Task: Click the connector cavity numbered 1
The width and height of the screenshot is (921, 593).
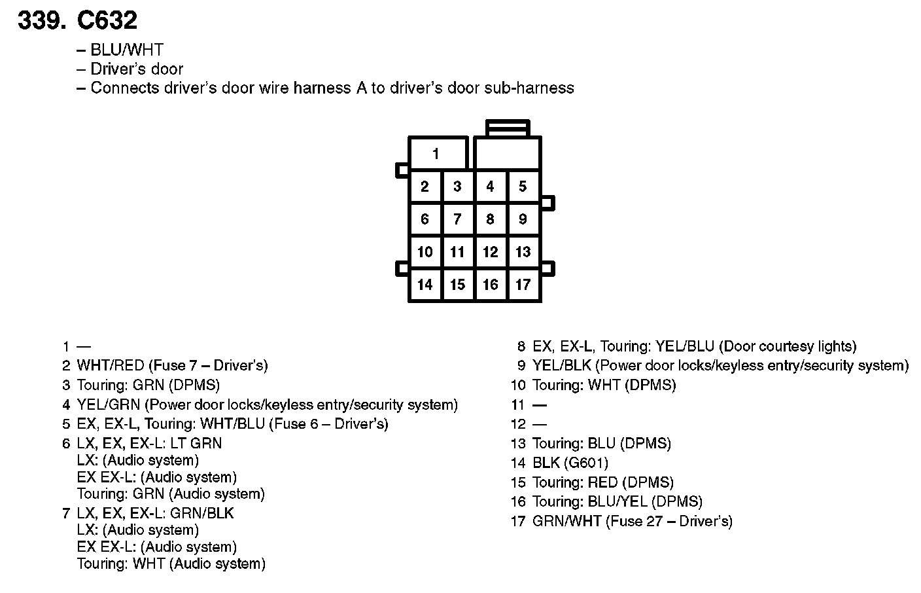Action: (437, 154)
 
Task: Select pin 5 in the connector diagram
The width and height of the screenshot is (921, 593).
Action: (523, 187)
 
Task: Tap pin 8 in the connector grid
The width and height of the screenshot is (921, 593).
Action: (490, 219)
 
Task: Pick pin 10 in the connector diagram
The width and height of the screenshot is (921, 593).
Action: (425, 252)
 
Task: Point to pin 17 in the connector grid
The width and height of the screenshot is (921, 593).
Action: (523, 285)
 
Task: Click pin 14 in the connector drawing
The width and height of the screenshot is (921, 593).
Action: (425, 285)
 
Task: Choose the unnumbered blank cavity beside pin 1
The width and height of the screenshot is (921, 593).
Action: (508, 154)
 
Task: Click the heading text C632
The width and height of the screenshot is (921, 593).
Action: (107, 21)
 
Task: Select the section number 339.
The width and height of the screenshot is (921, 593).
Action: (41, 21)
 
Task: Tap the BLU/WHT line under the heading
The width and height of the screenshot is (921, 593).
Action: (127, 50)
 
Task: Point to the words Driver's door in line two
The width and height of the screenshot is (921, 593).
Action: (137, 69)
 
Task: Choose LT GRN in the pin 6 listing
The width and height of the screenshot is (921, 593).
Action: (196, 444)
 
